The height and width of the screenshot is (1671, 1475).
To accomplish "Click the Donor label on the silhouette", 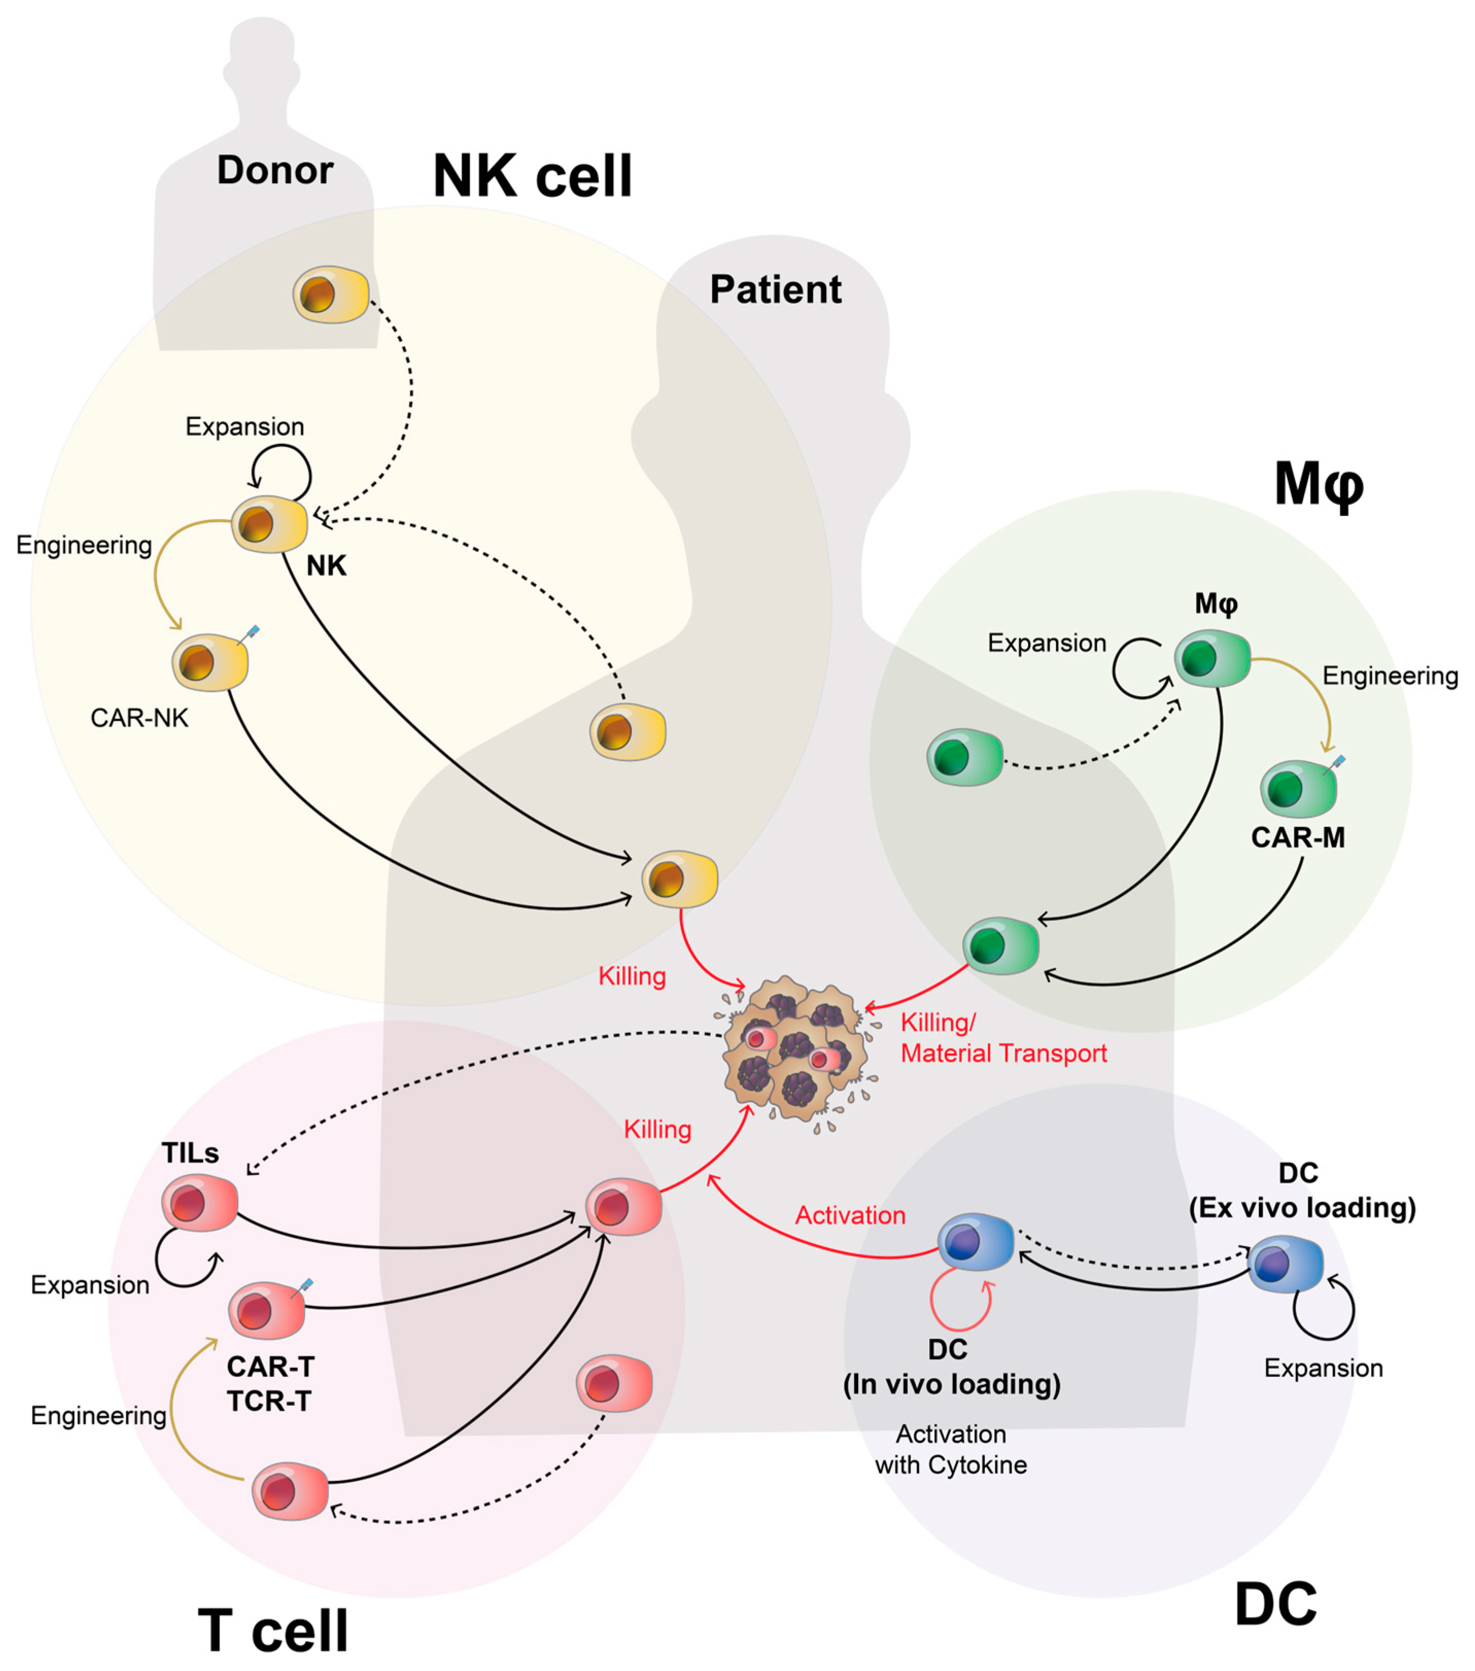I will point(275,170).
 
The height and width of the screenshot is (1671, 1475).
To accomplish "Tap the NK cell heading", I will point(532,176).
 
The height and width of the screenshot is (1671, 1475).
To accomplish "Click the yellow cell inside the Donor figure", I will point(331,294).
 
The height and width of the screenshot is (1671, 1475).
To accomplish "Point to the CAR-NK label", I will point(139,718).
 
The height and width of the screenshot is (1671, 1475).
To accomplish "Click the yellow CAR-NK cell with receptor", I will point(210,662).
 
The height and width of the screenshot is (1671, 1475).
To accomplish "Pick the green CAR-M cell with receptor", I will point(1298,789).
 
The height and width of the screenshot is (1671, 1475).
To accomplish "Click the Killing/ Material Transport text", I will point(1003,1038).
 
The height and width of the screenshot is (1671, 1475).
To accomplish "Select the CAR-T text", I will point(270,1366).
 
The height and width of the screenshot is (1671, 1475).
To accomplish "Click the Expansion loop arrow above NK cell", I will point(281,470).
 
